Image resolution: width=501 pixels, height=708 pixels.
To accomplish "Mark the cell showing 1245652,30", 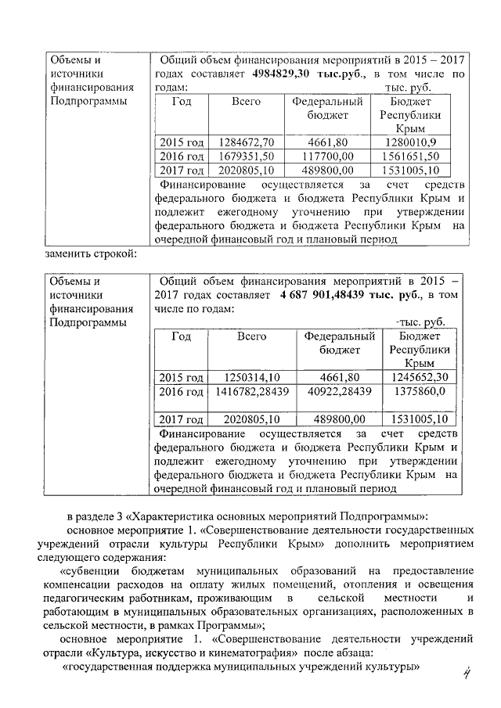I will point(420,376).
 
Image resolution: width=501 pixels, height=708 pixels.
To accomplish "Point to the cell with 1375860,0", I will point(420,390).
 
